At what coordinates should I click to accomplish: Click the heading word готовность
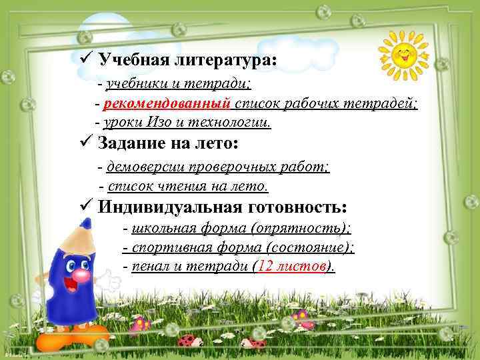[294, 207]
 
